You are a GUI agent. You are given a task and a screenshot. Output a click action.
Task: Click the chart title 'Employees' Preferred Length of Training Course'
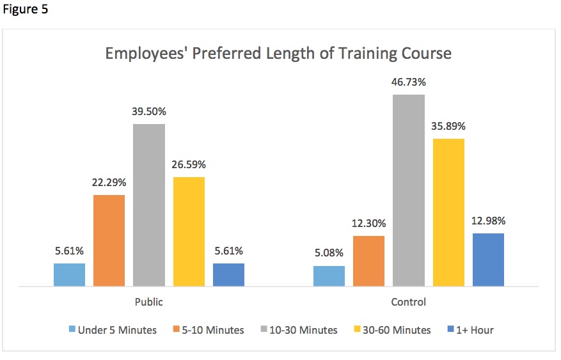point(278,54)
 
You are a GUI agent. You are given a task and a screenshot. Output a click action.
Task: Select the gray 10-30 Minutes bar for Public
point(149,205)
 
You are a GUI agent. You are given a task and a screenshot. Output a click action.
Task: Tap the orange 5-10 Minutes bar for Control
point(368,261)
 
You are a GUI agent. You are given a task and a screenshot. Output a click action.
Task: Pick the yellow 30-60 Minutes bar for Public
point(189,231)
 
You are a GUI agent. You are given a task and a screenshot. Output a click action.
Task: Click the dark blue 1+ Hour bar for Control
point(488,260)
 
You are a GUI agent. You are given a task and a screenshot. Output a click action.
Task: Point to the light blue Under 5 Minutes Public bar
point(69,274)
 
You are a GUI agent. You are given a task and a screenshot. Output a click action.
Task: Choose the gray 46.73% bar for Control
point(409,190)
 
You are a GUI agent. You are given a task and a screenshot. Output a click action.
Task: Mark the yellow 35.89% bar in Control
point(448,212)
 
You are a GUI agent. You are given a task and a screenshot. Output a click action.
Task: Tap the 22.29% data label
point(109,182)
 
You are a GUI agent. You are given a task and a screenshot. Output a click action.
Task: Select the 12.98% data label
point(488,221)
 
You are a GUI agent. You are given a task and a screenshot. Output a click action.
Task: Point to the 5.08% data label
point(329,253)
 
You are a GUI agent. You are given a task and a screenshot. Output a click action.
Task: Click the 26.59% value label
point(189,164)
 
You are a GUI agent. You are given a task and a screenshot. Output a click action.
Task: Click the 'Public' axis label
point(148,302)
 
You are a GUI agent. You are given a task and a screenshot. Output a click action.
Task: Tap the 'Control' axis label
point(408,302)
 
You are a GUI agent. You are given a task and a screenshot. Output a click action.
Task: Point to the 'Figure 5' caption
point(25,10)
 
